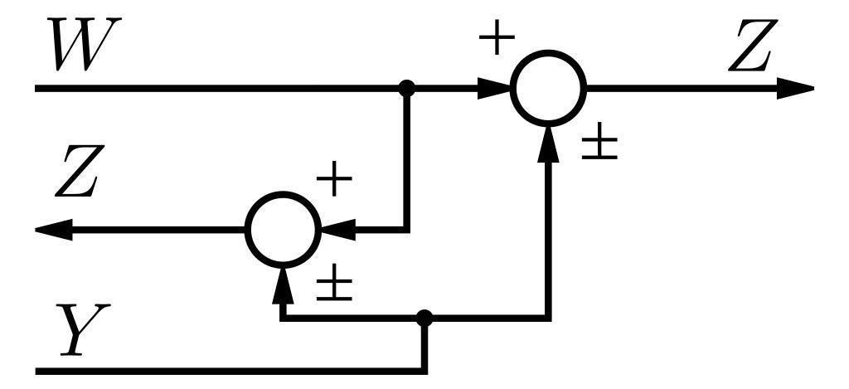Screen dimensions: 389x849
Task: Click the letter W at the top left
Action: click(80, 47)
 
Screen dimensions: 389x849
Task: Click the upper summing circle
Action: click(548, 87)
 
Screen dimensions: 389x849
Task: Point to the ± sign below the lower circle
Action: click(333, 286)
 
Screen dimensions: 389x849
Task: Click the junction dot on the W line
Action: click(406, 87)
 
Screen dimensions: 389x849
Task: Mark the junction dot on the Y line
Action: click(424, 317)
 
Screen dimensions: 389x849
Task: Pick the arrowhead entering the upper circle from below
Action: click(548, 141)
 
